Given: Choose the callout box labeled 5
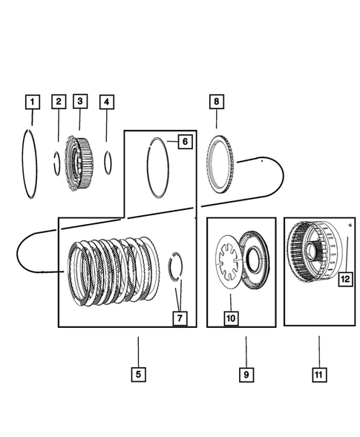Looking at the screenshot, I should point(138,375).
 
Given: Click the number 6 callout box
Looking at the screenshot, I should point(186,141).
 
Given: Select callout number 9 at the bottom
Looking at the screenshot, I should point(244,375).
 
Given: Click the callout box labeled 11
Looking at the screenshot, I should point(318,375).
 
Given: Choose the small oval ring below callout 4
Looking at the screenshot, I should point(108,161).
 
